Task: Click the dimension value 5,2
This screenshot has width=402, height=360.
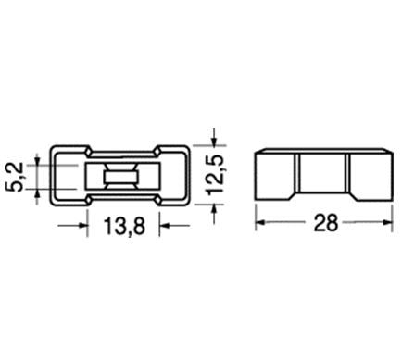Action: [x=16, y=177]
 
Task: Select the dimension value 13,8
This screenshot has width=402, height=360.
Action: [x=124, y=226]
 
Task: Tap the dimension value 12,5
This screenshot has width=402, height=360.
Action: [x=216, y=175]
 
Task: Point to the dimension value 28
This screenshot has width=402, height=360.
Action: [x=326, y=223]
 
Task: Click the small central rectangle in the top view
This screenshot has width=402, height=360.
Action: [x=122, y=177]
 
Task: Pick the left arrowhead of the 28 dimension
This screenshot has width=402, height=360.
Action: [x=260, y=222]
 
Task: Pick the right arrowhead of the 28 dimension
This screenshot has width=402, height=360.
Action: [x=388, y=222]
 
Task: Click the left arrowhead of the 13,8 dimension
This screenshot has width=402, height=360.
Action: [x=83, y=226]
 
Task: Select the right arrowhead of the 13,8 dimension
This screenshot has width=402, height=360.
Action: [x=164, y=226]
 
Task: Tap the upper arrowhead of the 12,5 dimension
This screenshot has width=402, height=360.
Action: [x=214, y=141]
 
